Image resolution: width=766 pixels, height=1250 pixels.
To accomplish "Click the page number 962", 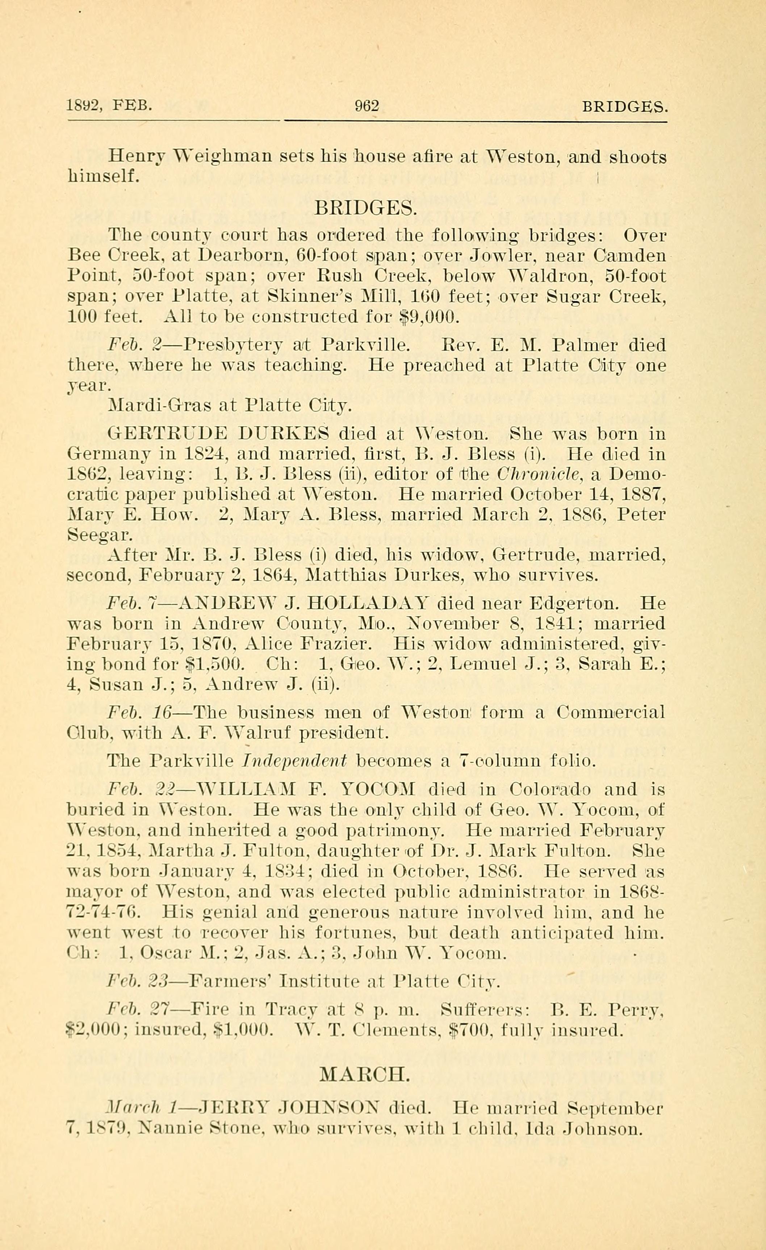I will pyautogui.click(x=367, y=105).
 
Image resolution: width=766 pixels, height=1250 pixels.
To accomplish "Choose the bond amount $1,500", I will pyautogui.click(x=218, y=664).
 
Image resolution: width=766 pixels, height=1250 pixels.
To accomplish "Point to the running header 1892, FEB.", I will pyautogui.click(x=109, y=105).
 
